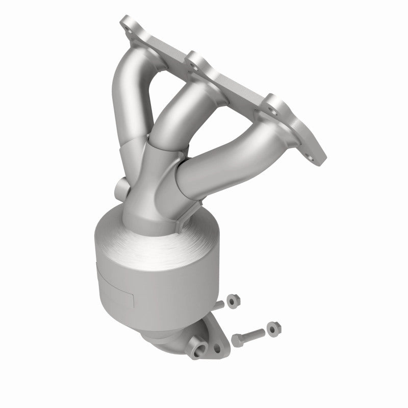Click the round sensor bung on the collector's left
click(121, 190)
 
